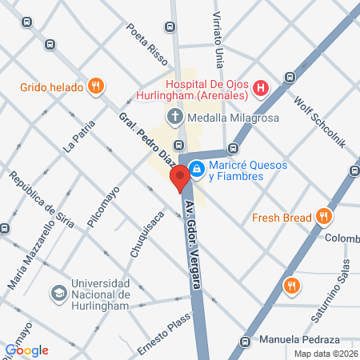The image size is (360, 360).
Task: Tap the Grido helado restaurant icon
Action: (95, 85)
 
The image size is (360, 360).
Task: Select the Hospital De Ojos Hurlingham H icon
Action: (261, 89)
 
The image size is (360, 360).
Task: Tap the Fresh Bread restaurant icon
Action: (324, 216)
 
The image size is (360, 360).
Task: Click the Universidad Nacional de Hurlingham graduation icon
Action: (58, 293)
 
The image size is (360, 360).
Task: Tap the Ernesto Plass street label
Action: (166, 335)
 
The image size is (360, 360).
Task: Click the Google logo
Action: (26, 350)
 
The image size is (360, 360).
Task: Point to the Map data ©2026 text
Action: (325, 354)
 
